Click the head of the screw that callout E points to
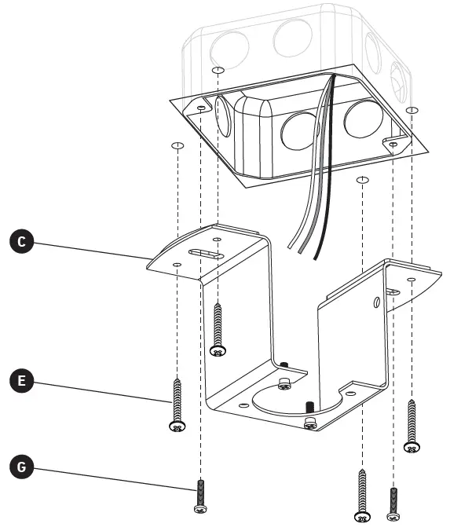coord(177,425)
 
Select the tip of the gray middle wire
coord(302,253)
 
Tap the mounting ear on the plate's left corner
coord(203,107)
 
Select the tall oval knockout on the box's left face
coord(222,116)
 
